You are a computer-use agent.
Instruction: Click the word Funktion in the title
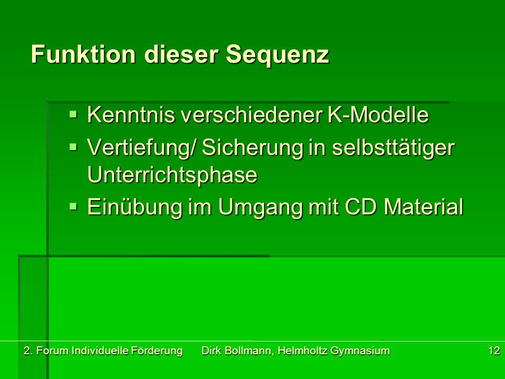click(x=83, y=54)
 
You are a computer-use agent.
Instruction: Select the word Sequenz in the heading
click(x=277, y=55)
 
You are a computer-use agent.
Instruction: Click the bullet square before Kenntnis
click(x=74, y=114)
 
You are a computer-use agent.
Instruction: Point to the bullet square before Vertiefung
click(x=74, y=147)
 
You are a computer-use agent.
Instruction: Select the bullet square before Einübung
click(x=74, y=206)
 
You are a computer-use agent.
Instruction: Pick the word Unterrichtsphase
click(x=173, y=176)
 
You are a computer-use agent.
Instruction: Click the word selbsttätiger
click(x=393, y=148)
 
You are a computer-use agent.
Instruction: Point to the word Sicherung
click(x=252, y=148)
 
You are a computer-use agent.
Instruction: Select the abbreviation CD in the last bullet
click(x=361, y=206)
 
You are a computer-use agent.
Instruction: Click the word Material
click(x=423, y=206)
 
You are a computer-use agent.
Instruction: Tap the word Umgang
click(x=260, y=208)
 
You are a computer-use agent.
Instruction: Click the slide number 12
click(x=494, y=351)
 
